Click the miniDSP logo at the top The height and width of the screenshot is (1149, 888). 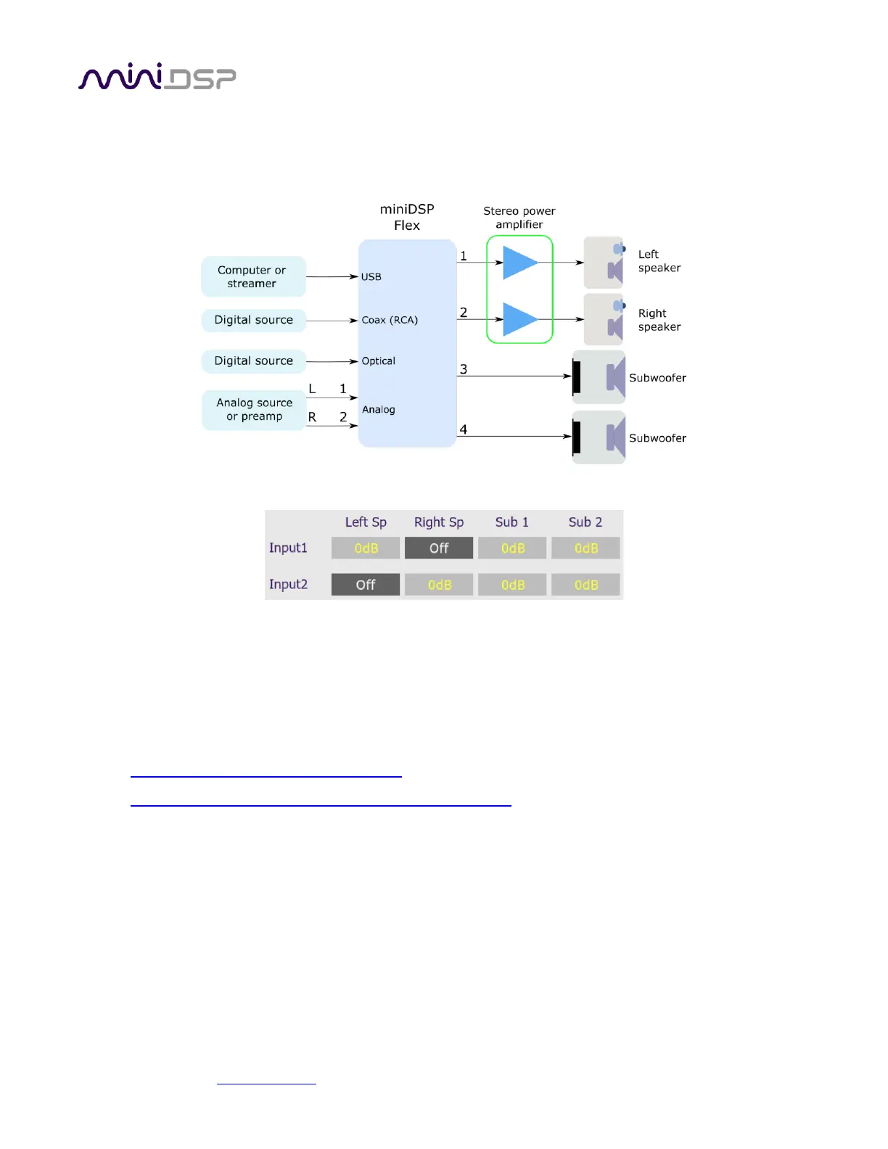point(157,77)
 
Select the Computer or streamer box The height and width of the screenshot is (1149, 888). point(253,276)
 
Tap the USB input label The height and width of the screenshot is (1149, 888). point(371,276)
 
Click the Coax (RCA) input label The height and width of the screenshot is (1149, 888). point(390,320)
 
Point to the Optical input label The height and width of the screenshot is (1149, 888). point(378,361)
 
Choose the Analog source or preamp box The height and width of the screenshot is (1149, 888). point(254,410)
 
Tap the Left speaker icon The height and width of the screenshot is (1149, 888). point(604,263)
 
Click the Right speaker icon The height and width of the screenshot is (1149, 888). point(604,319)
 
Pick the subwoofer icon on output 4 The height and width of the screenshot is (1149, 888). point(599,437)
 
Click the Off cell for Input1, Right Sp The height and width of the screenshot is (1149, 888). point(439,548)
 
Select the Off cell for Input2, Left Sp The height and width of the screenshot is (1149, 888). point(366,585)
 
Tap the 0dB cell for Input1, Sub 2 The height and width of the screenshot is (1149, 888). point(585,548)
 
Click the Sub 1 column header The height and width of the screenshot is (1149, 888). point(512,522)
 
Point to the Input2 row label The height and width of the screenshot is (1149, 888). point(288,585)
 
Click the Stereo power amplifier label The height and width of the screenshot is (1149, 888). point(519,218)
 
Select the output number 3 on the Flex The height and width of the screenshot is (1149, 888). point(464,369)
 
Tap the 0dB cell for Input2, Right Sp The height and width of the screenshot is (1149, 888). point(439,585)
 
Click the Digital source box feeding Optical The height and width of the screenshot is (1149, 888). point(253,361)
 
